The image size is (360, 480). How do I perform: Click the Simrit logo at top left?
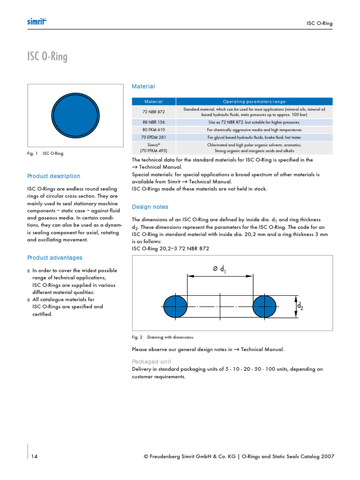click(x=38, y=22)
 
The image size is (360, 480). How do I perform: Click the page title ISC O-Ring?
click(x=47, y=57)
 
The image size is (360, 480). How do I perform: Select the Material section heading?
click(x=143, y=87)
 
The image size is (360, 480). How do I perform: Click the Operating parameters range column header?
click(x=254, y=101)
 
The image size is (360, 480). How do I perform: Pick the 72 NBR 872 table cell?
click(x=154, y=112)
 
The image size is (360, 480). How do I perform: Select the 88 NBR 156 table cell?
click(x=154, y=122)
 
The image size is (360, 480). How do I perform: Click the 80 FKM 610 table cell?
click(x=154, y=130)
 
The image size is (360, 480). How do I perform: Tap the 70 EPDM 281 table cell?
click(x=154, y=137)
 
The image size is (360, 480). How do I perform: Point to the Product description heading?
click(x=54, y=176)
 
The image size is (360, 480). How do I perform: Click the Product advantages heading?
click(x=55, y=258)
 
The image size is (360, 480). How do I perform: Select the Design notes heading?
click(x=150, y=207)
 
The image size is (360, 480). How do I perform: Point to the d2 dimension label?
click(x=300, y=306)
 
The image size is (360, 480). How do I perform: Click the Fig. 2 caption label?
click(x=137, y=337)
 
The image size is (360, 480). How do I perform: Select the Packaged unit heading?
click(x=151, y=362)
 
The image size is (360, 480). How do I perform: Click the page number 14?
click(x=35, y=457)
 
